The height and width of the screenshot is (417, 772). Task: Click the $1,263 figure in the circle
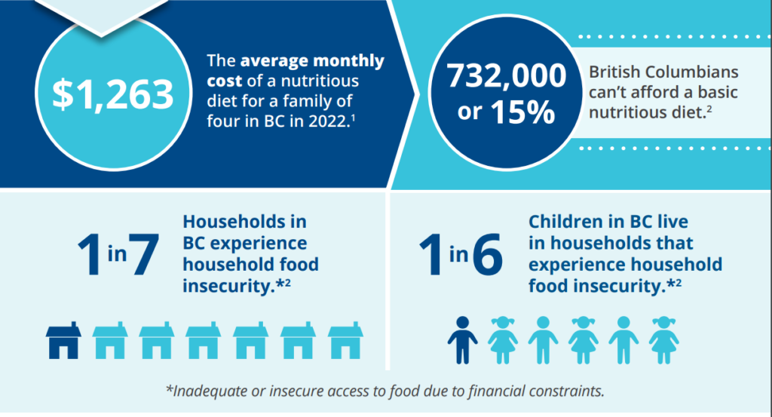(x=113, y=94)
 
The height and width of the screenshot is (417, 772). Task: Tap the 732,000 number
(x=507, y=76)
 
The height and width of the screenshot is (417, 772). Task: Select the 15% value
(x=523, y=112)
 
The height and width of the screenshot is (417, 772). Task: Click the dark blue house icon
(x=63, y=340)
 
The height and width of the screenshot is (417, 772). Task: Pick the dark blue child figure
(x=462, y=340)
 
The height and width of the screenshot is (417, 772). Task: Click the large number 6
(x=488, y=255)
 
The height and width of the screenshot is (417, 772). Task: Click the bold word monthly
(x=348, y=61)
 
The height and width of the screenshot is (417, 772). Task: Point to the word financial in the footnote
(x=496, y=391)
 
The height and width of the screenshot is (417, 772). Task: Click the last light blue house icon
(x=345, y=340)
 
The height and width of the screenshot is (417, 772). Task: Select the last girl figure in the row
(x=663, y=340)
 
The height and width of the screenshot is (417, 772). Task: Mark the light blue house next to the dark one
(x=110, y=340)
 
